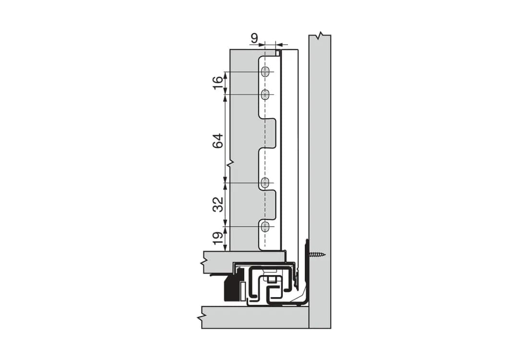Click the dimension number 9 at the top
(254, 38)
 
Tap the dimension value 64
(218, 141)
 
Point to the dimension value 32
(218, 204)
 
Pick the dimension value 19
(218, 239)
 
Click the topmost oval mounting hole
(266, 72)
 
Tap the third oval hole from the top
(266, 183)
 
